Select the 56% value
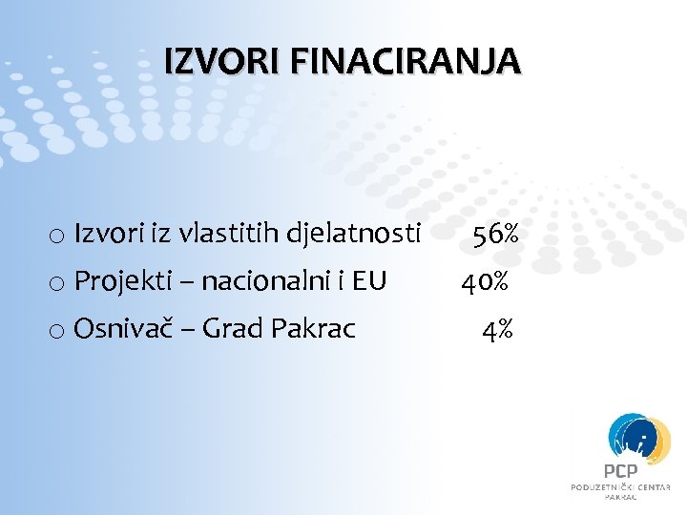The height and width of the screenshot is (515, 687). tap(495, 233)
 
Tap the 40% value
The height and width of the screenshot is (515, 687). tap(485, 281)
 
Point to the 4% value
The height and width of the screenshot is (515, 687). tap(498, 330)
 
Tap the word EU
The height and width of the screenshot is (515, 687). tap(369, 280)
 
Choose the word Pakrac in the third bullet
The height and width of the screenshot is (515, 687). tap(314, 329)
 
